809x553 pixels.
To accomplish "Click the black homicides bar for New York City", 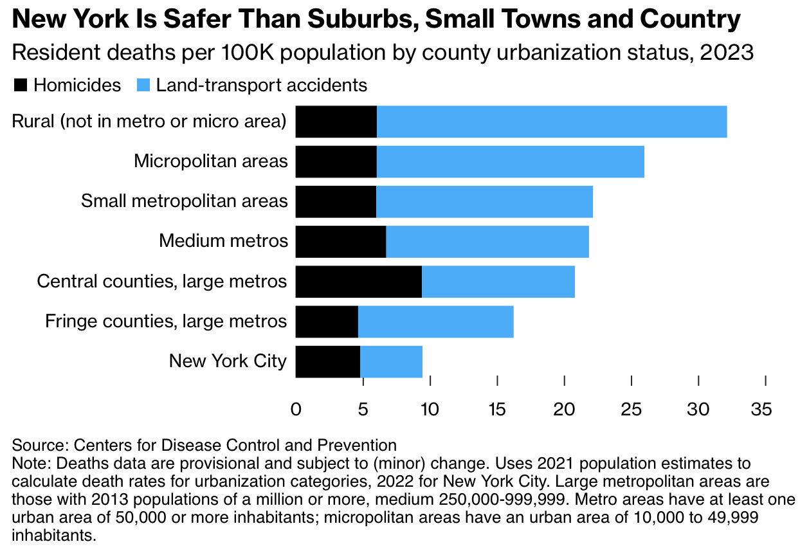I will click(x=328, y=361).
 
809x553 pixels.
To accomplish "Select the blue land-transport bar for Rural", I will click(x=552, y=122).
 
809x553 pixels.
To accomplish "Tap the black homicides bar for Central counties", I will click(x=359, y=282).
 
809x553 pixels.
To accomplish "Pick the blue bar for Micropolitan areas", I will click(x=511, y=162).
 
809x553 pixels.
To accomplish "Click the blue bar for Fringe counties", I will click(x=436, y=322).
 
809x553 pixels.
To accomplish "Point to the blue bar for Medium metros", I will click(x=487, y=242).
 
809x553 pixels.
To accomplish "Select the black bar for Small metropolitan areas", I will click(x=336, y=202).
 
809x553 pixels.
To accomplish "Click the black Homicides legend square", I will click(x=20, y=85).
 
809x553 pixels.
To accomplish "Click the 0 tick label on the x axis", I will click(x=296, y=409).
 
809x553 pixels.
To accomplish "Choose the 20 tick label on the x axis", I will click(x=563, y=409).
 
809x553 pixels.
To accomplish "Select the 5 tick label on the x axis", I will click(x=363, y=409).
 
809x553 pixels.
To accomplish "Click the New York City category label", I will click(x=228, y=361).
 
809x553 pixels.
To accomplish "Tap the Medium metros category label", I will click(x=223, y=242).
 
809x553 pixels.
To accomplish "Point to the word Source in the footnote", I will click(x=32, y=444).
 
